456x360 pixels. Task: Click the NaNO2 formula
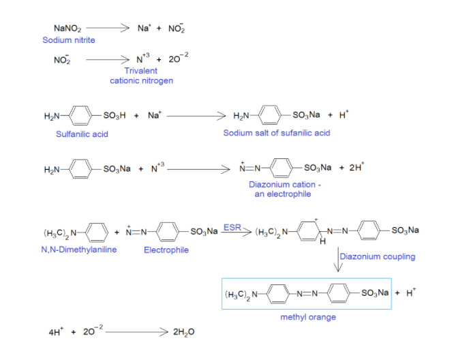[67, 29]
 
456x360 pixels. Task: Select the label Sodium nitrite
[69, 40]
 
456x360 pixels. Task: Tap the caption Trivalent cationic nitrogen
[141, 76]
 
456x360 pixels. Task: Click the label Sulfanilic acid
[82, 134]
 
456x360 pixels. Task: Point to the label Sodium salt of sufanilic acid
[276, 133]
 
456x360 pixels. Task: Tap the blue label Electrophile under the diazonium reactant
[166, 250]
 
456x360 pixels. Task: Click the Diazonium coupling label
[377, 256]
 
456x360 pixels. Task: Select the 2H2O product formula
[185, 332]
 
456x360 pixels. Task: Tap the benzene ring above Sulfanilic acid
[83, 115]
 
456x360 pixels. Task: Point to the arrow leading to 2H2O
[134, 332]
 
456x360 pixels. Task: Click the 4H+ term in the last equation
[55, 332]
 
